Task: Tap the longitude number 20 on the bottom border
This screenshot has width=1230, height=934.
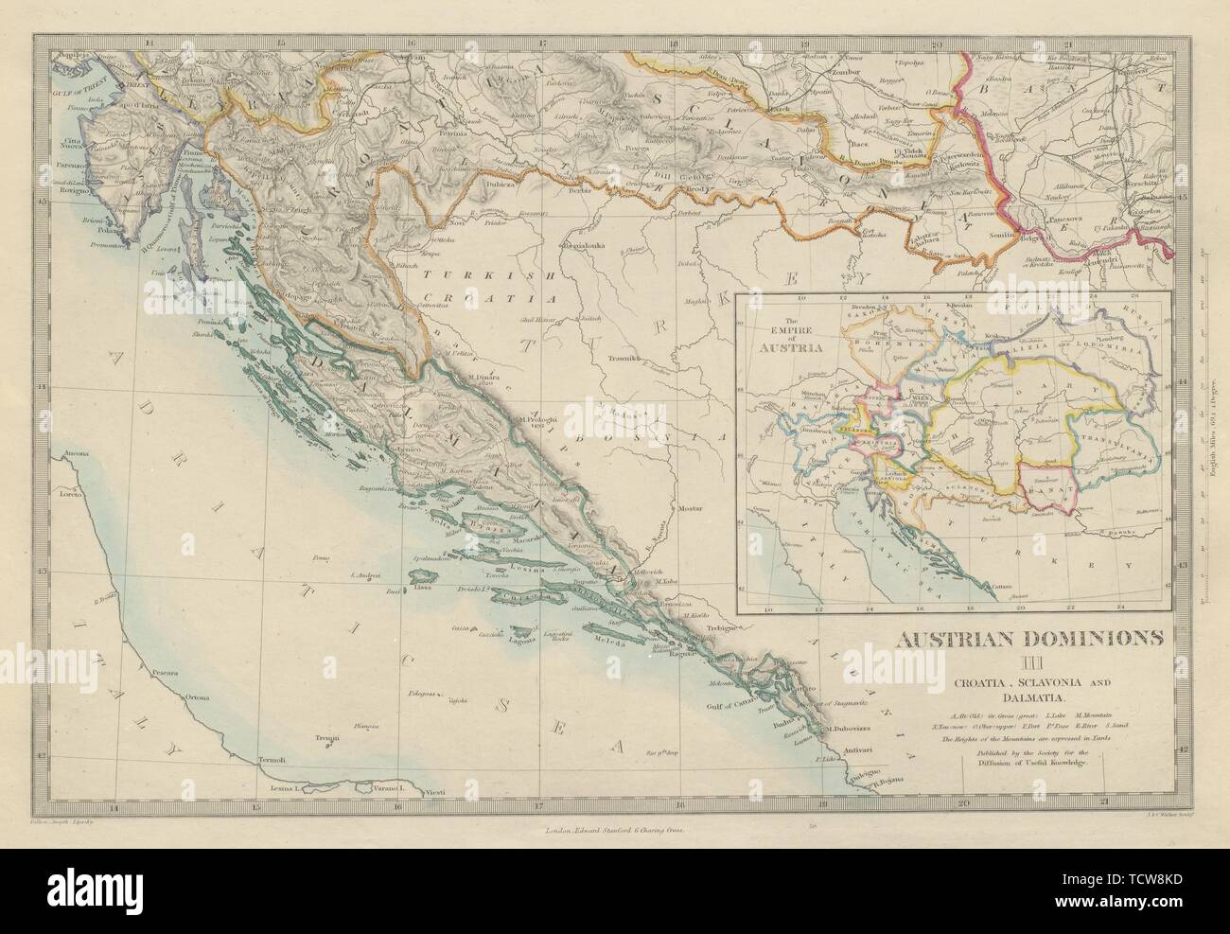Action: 964,802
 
